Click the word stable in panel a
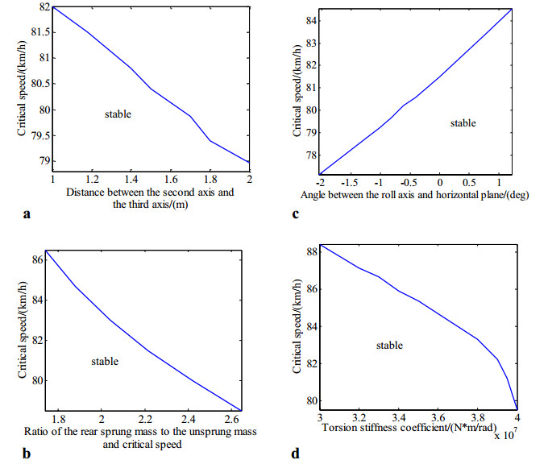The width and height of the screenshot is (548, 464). click(118, 114)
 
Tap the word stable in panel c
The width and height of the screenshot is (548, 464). click(463, 123)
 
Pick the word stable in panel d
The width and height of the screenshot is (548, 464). click(389, 345)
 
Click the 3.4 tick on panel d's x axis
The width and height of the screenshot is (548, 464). click(398, 420)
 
